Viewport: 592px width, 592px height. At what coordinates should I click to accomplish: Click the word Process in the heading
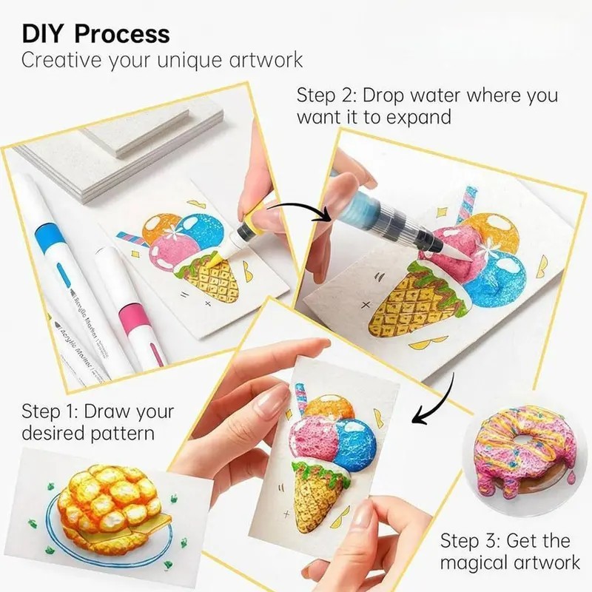click(x=122, y=34)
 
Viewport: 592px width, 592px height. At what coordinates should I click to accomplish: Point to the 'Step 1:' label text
click(x=50, y=411)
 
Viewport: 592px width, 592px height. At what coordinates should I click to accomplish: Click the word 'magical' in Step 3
click(x=475, y=563)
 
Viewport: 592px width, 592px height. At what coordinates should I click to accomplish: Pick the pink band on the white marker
click(x=133, y=317)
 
